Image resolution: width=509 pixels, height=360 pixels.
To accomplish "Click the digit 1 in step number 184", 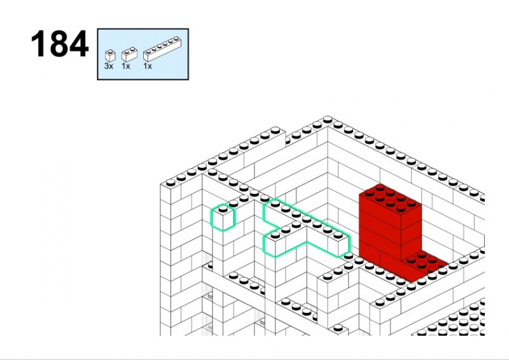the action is pyautogui.click(x=38, y=44).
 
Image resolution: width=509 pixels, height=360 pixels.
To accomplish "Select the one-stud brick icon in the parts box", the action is pyautogui.click(x=110, y=56).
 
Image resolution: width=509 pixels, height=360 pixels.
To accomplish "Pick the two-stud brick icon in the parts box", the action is pyautogui.click(x=129, y=55).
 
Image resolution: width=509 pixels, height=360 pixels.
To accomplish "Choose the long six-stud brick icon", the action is pyautogui.click(x=162, y=49).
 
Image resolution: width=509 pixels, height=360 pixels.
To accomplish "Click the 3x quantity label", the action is pyautogui.click(x=109, y=66).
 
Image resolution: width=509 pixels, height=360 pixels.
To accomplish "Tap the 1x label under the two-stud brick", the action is pyautogui.click(x=126, y=66).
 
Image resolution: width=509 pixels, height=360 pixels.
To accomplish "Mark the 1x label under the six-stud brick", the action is pyautogui.click(x=148, y=66).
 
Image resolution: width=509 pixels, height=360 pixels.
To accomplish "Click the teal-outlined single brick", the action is pyautogui.click(x=223, y=218).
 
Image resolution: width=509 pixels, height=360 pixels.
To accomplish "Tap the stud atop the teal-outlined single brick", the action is pyautogui.click(x=223, y=209).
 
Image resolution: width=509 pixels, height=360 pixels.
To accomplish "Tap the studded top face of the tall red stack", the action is pyautogui.click(x=390, y=198).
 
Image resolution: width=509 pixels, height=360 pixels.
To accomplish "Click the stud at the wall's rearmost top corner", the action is pyautogui.click(x=328, y=120).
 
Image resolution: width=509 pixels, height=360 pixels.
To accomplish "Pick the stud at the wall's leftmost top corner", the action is pyautogui.click(x=171, y=183).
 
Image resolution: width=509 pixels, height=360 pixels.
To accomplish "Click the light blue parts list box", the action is pyautogui.click(x=143, y=54).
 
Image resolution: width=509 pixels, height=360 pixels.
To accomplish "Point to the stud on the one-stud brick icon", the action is pyautogui.click(x=111, y=52).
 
